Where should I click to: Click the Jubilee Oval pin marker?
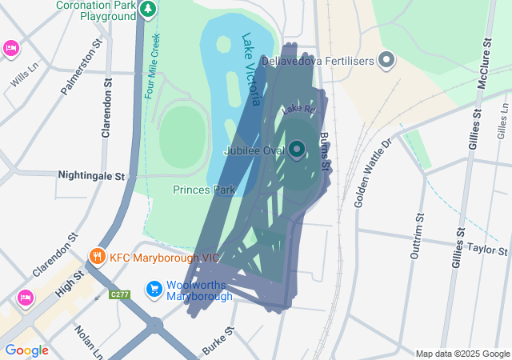coord(297,150)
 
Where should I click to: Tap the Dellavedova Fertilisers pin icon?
coord(387,60)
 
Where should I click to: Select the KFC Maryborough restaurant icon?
coord(98,257)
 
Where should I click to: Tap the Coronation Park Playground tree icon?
coord(147,10)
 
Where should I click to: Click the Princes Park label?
coord(204,190)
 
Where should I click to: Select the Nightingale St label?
coord(92,174)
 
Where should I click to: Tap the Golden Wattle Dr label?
coord(372,172)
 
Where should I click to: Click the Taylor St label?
coord(488,249)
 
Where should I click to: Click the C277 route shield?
coord(120,295)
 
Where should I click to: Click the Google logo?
coord(26,350)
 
